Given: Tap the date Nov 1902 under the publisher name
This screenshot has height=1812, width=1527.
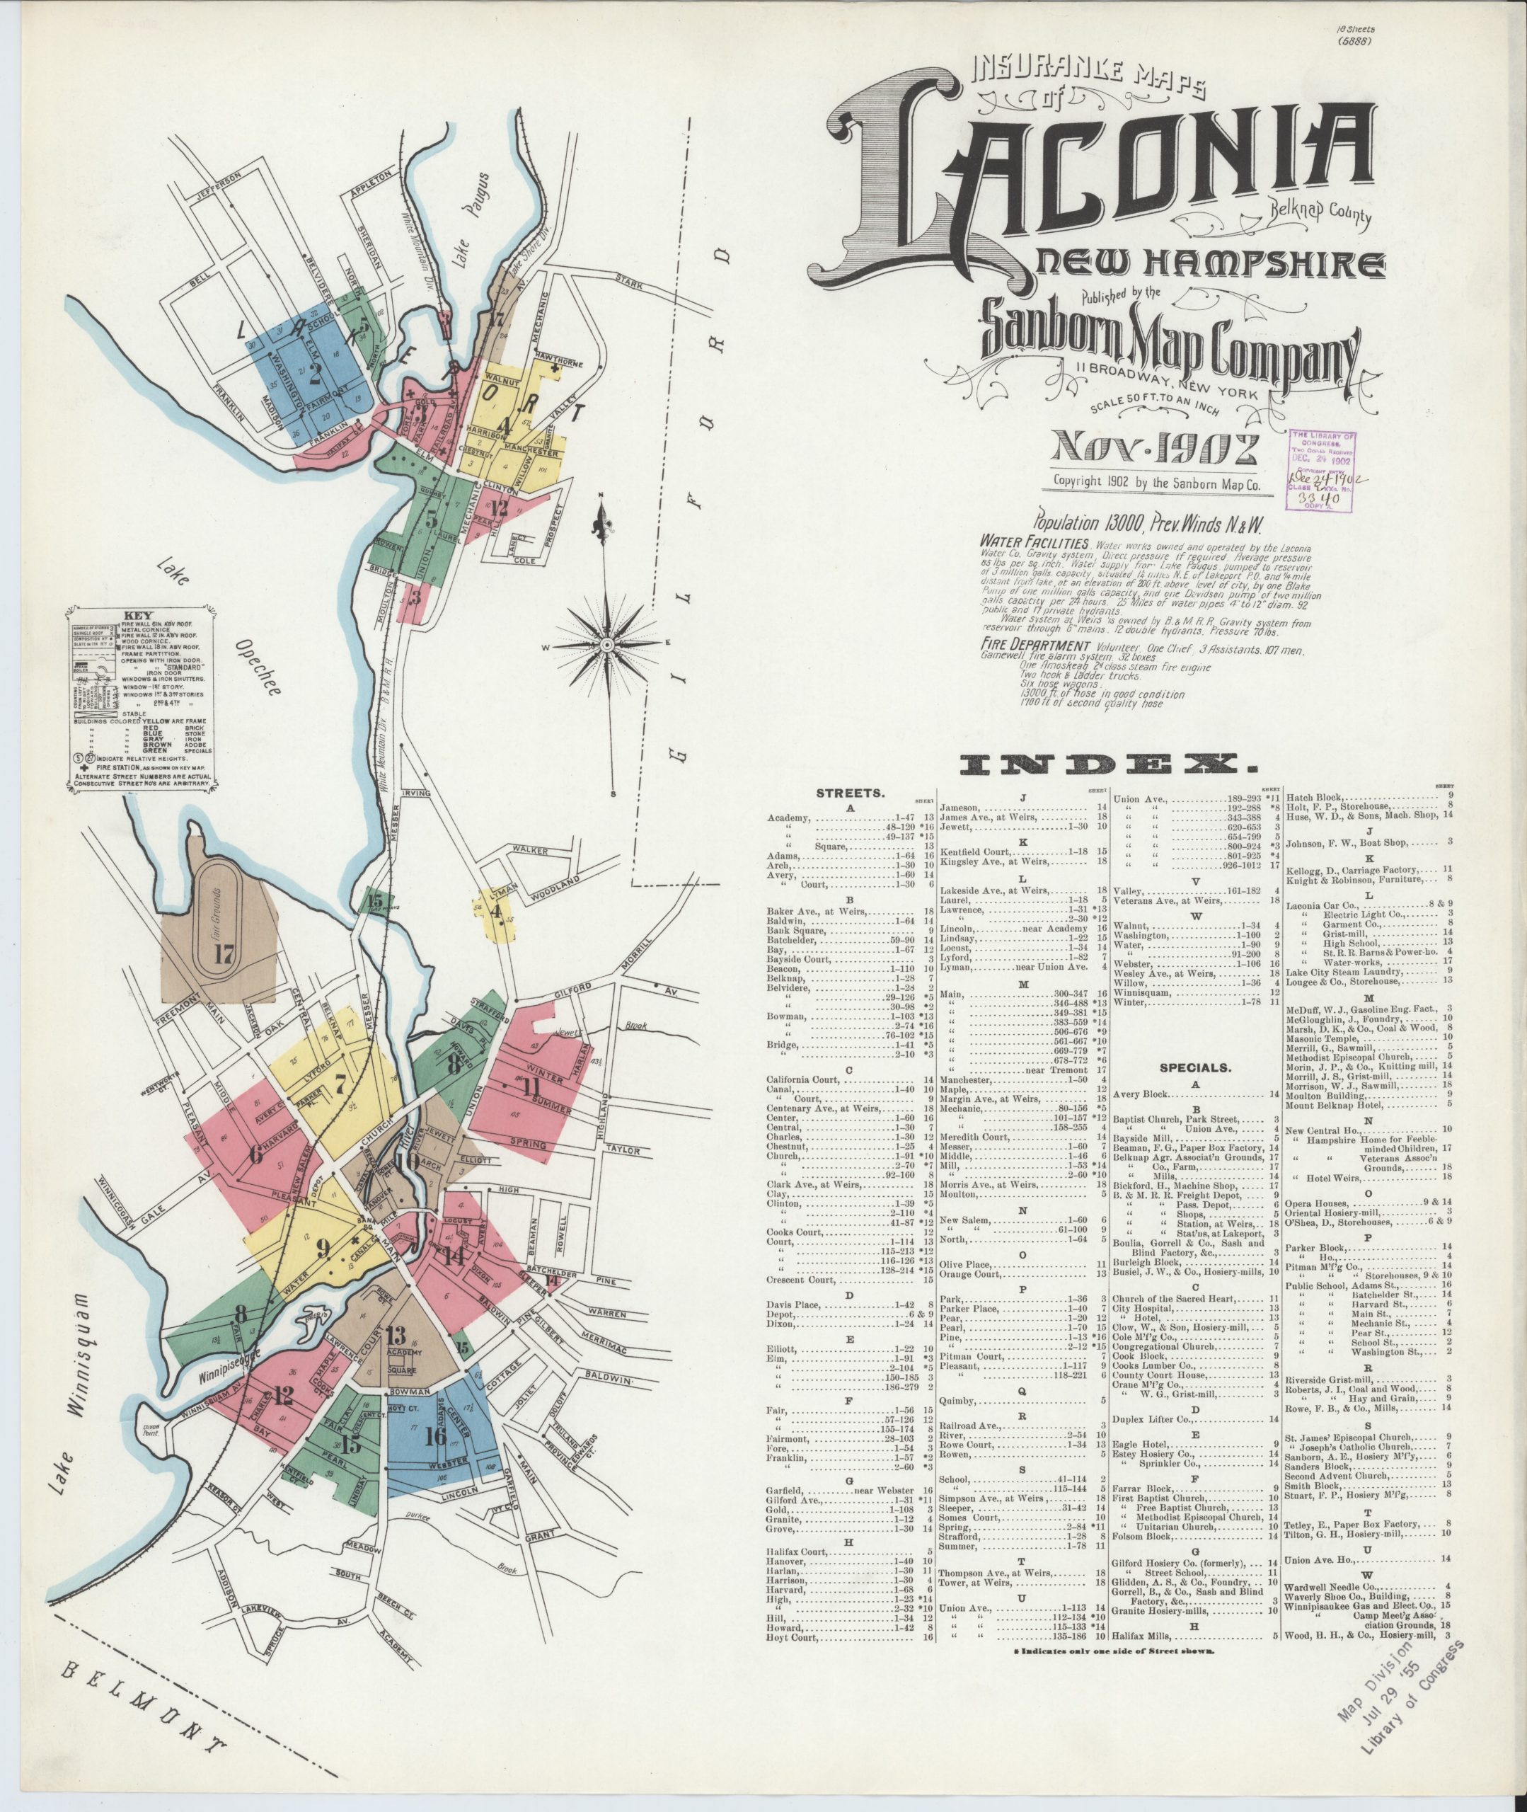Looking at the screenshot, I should [1154, 449].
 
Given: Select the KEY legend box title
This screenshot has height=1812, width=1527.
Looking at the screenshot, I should [140, 609].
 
